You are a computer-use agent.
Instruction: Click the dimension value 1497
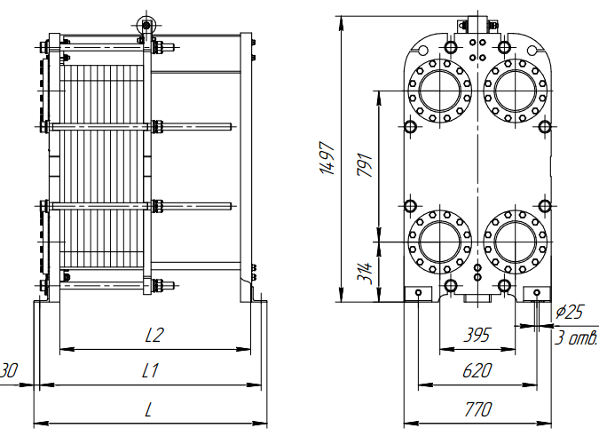coord(327,160)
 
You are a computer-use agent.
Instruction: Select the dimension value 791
coord(364,165)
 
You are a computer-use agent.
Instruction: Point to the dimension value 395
coord(478,335)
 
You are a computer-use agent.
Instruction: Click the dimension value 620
coord(477,371)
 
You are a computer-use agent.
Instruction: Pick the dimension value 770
coord(477,409)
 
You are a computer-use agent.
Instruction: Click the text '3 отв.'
coord(576,338)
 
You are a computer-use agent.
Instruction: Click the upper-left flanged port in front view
coord(439,90)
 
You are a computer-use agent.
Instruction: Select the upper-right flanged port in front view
coord(515,90)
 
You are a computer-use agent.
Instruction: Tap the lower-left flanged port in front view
coord(439,241)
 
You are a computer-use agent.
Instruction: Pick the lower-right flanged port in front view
coord(515,241)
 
